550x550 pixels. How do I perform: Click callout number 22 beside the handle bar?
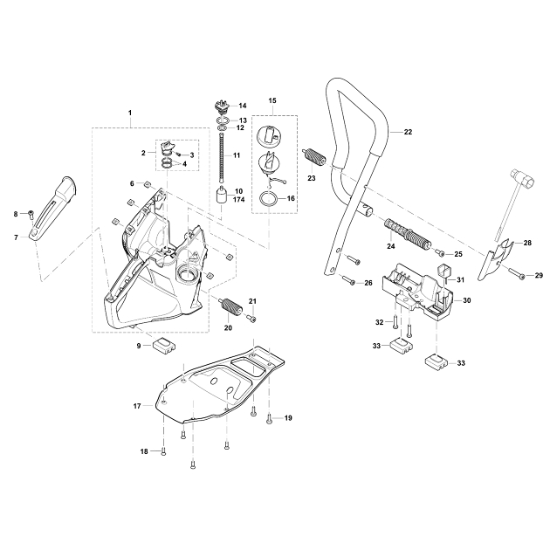(x=408, y=132)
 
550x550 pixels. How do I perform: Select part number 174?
(x=238, y=200)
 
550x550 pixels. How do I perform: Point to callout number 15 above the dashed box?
(x=272, y=102)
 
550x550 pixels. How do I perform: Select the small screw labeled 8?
(x=30, y=212)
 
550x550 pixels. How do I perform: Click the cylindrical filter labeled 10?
(x=223, y=192)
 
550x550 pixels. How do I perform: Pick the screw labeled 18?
(x=163, y=450)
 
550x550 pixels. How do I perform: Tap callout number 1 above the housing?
(x=130, y=114)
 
